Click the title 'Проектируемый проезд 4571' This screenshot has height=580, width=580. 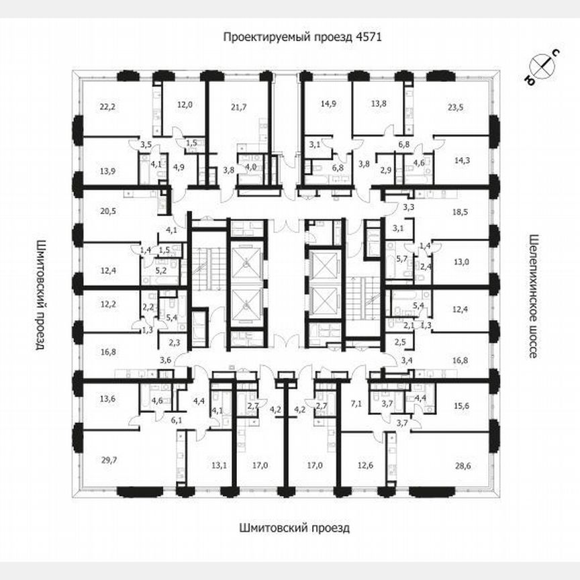302,38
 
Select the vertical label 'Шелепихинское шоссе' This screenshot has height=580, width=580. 534,296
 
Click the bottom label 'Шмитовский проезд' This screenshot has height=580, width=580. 294,528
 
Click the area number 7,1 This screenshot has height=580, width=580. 356,403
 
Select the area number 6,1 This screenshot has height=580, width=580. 177,420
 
